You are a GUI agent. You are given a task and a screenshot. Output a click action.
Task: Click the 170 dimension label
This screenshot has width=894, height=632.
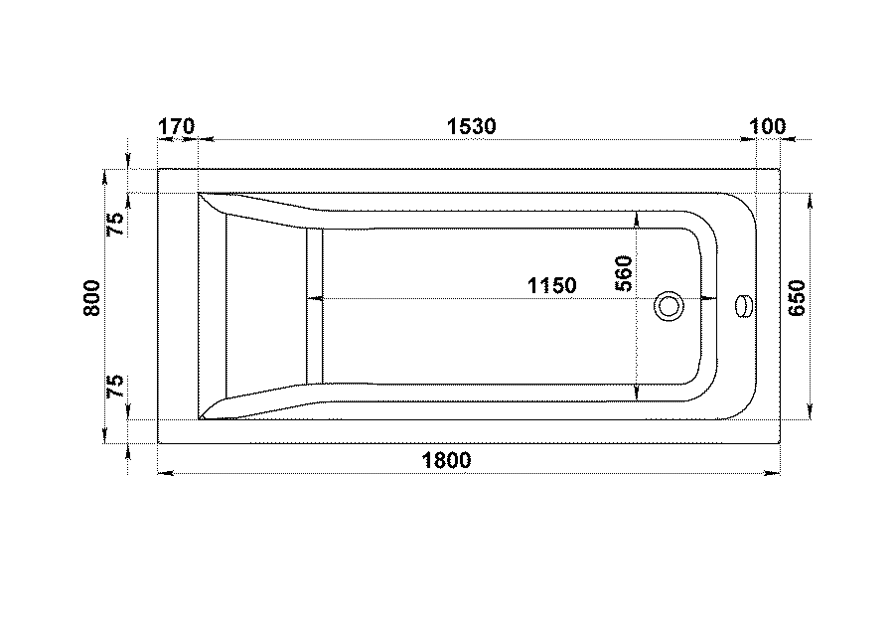pyautogui.click(x=176, y=126)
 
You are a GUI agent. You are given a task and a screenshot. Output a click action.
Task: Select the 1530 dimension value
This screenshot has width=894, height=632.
pyautogui.click(x=471, y=126)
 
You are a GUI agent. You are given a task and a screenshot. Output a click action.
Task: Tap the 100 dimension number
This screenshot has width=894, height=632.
pyautogui.click(x=768, y=126)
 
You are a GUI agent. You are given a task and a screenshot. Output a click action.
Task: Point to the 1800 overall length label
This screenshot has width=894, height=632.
pyautogui.click(x=446, y=460)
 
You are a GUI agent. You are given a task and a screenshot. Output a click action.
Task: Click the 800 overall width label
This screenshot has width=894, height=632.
pyautogui.click(x=91, y=298)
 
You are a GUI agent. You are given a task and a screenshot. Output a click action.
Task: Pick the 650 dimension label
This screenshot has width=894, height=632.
pyautogui.click(x=797, y=298)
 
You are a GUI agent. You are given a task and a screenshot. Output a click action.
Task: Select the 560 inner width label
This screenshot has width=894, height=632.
pyautogui.click(x=625, y=274)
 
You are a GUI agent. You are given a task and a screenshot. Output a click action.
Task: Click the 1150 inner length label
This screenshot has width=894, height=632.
pyautogui.click(x=552, y=285)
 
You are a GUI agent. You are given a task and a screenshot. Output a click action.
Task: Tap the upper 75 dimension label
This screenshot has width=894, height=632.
pyautogui.click(x=115, y=224)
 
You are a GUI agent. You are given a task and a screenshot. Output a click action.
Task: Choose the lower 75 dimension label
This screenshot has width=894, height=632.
pyautogui.click(x=115, y=387)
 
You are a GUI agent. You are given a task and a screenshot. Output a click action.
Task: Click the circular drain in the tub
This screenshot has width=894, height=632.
pyautogui.click(x=669, y=306)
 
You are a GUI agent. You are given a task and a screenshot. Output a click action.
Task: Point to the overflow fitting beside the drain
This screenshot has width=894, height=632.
pyautogui.click(x=745, y=306)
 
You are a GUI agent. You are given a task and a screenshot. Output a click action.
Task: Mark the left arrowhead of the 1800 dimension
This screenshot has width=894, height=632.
pyautogui.click(x=165, y=473)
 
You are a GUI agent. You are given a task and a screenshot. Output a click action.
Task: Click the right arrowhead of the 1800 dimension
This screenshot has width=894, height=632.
pyautogui.click(x=772, y=473)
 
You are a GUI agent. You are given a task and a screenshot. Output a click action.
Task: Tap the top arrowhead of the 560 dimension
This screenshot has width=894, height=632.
pyautogui.click(x=637, y=219)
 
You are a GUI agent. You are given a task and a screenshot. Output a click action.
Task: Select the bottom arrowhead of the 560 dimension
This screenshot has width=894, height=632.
pyautogui.click(x=637, y=393)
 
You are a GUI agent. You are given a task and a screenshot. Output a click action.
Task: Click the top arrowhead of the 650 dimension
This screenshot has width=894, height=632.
pyautogui.click(x=811, y=202)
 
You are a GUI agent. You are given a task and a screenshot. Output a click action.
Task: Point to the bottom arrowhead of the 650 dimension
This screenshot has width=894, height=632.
pyautogui.click(x=811, y=411)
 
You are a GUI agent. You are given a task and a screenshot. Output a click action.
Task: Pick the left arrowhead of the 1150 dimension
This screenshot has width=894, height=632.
pyautogui.click(x=315, y=298)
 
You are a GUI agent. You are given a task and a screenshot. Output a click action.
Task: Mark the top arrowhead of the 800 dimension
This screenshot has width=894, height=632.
pyautogui.click(x=104, y=177)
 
